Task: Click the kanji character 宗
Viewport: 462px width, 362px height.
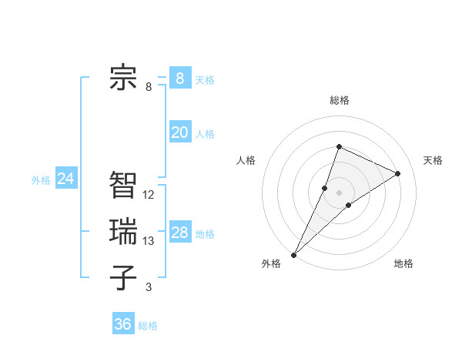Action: click(123, 77)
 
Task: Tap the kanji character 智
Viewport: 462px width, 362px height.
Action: click(123, 185)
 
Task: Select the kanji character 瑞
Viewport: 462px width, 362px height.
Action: click(123, 231)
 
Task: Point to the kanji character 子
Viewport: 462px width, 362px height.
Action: click(123, 277)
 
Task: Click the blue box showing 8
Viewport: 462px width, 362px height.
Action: click(179, 78)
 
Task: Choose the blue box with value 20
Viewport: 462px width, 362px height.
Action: click(179, 132)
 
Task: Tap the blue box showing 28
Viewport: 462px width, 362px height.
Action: click(179, 233)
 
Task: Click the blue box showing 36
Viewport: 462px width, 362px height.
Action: click(122, 324)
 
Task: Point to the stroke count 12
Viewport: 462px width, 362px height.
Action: click(149, 195)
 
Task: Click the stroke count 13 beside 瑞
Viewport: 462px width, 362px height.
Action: click(149, 241)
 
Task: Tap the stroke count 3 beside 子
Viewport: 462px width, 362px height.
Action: click(149, 287)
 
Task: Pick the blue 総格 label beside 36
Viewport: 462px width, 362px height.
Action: click(148, 326)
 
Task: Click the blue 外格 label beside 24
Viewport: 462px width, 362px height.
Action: click(41, 180)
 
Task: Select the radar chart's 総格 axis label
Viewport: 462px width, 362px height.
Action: click(339, 100)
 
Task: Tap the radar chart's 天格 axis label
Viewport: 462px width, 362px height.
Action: click(433, 160)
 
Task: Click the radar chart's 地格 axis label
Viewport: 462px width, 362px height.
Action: click(403, 264)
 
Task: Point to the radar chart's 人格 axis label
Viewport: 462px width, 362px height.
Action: click(246, 160)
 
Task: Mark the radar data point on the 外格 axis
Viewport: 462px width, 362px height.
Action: click(294, 254)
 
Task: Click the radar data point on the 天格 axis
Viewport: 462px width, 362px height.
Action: click(397, 173)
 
